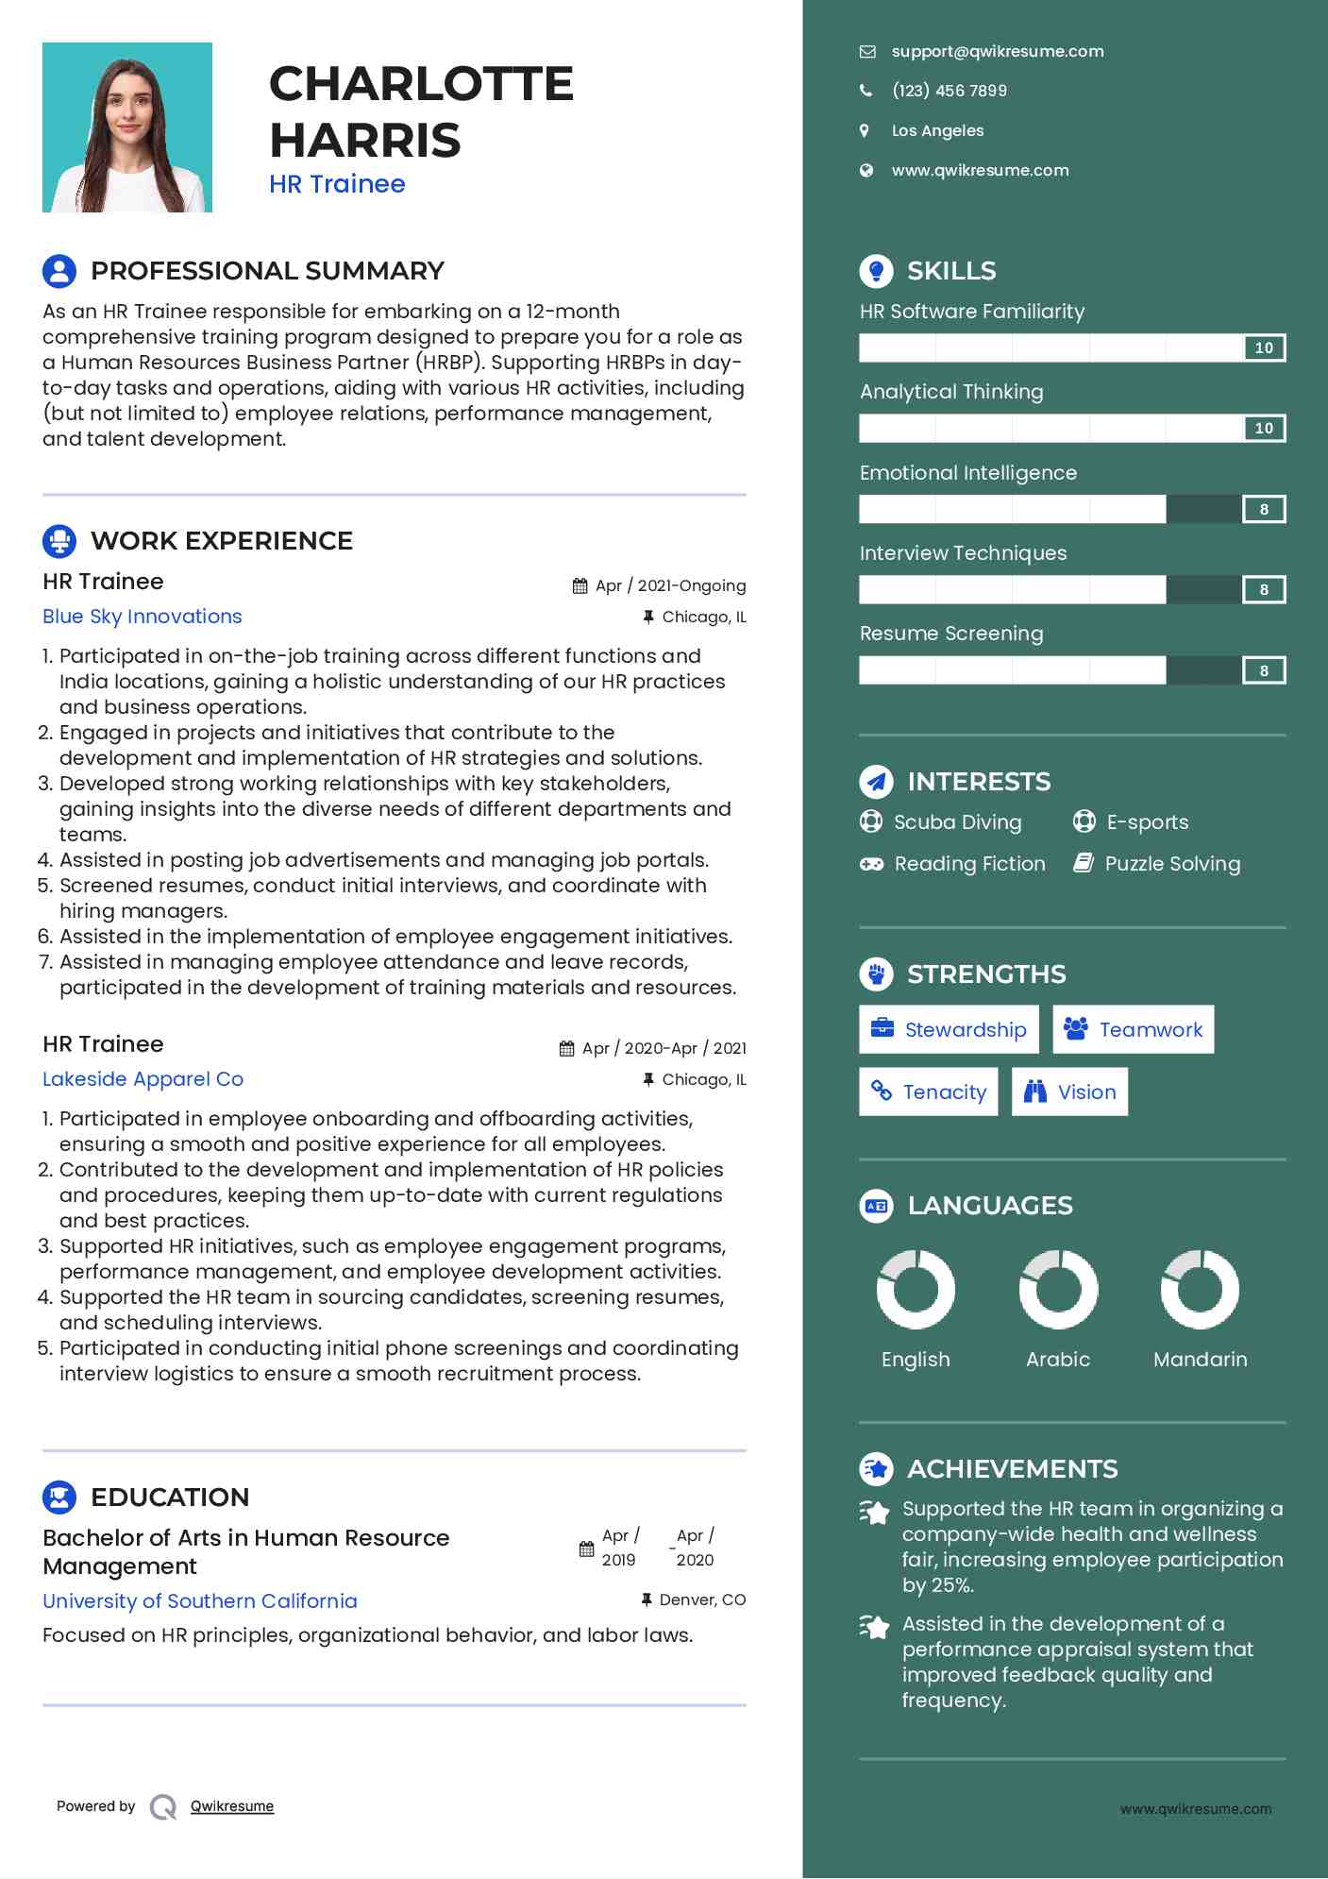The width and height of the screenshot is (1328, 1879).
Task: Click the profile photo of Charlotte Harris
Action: (x=127, y=127)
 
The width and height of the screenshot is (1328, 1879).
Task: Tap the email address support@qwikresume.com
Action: (x=997, y=51)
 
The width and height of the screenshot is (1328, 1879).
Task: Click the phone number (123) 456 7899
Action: (x=949, y=91)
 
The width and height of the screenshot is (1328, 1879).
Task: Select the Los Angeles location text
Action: (x=937, y=130)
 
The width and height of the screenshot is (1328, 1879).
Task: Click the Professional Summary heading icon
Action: (x=59, y=271)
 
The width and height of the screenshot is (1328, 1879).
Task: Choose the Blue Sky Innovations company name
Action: (x=143, y=617)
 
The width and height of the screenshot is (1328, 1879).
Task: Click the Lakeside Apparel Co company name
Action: (x=143, y=1079)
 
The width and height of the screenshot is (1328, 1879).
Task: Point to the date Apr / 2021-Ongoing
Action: (x=670, y=585)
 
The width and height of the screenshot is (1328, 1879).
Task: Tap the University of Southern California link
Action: (x=200, y=1601)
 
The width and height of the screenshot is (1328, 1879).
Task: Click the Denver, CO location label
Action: (x=702, y=1600)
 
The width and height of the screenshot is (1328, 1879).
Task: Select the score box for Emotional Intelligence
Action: (x=1264, y=510)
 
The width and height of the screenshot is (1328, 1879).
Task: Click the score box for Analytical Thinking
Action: (x=1264, y=429)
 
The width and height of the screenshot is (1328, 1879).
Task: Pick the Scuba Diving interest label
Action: (x=957, y=822)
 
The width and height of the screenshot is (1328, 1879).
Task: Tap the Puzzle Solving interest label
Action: (x=1172, y=864)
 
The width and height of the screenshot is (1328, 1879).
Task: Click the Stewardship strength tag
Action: (x=949, y=1029)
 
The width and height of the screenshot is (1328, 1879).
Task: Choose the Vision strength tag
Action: (x=1069, y=1092)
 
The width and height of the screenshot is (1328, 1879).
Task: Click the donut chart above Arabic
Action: (x=1058, y=1289)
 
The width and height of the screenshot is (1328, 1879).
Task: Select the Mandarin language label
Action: (x=1200, y=1360)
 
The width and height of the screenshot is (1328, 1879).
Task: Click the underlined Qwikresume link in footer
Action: (x=232, y=1806)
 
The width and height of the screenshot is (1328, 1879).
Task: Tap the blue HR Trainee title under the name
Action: (x=337, y=184)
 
